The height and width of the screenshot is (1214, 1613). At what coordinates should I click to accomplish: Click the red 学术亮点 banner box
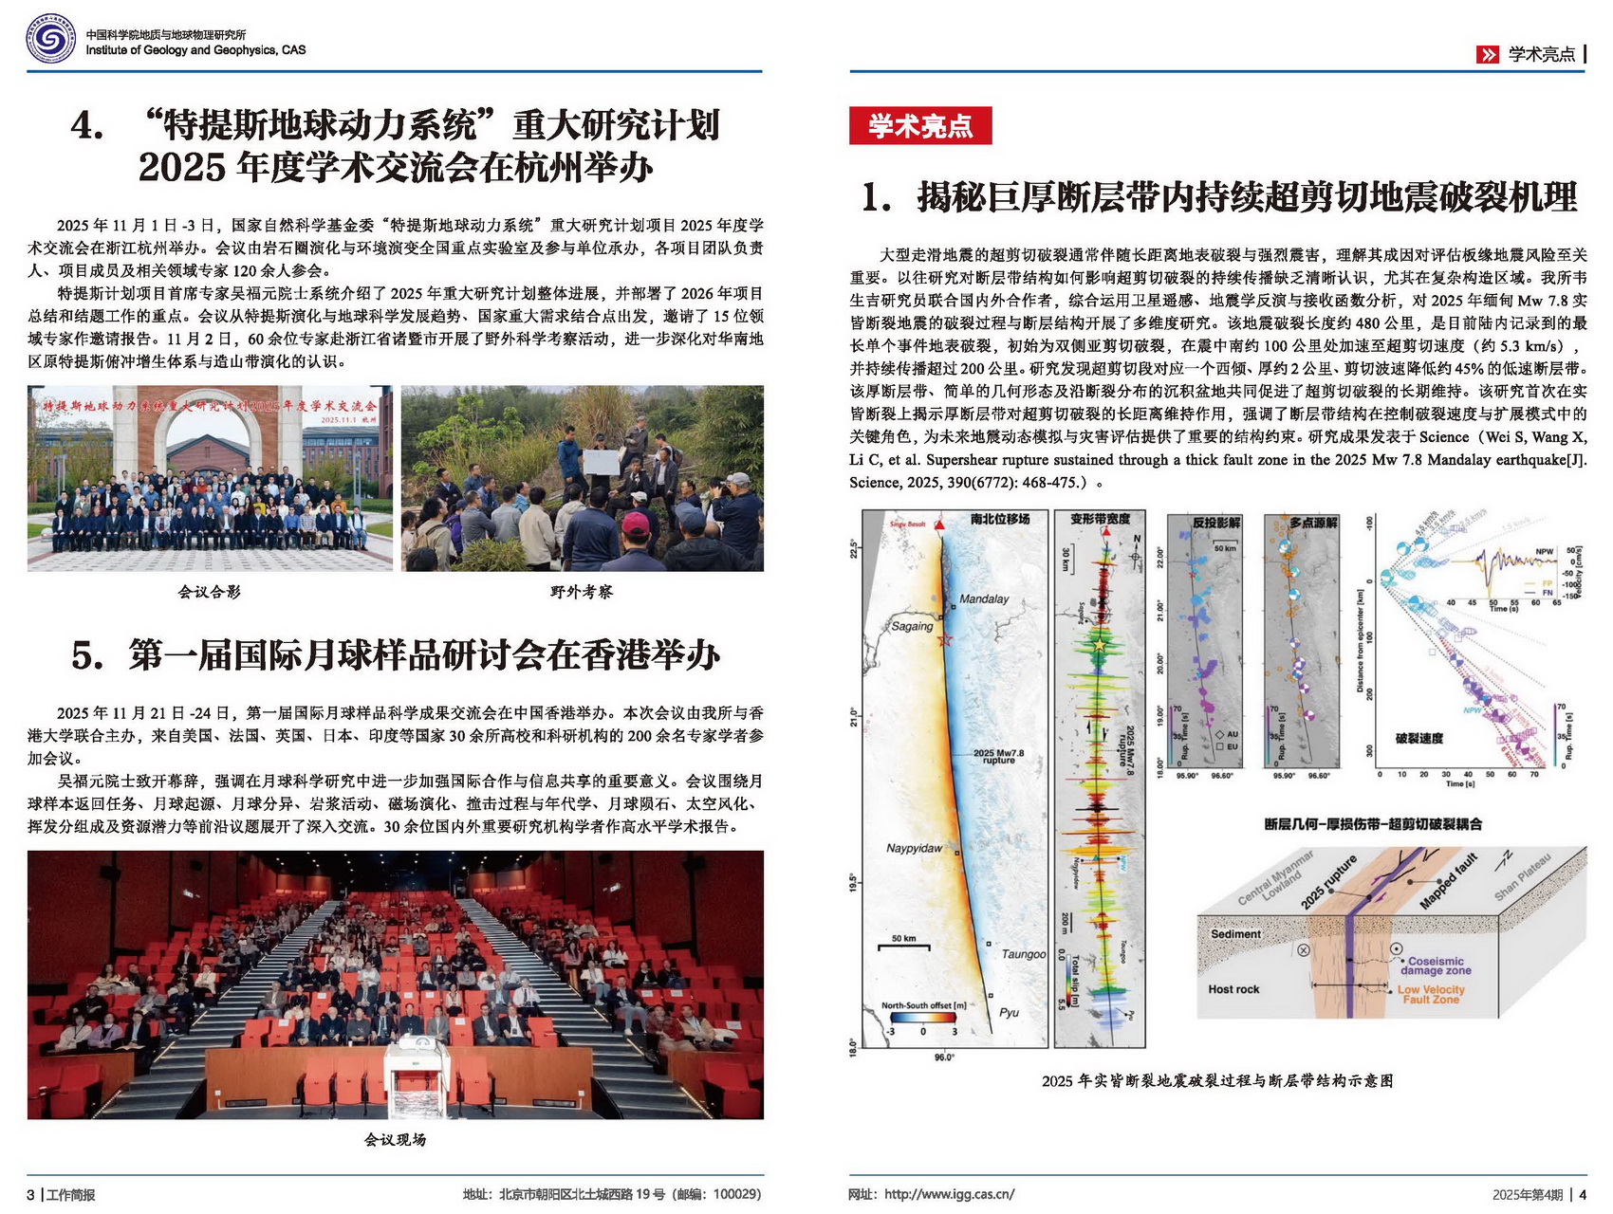pyautogui.click(x=919, y=125)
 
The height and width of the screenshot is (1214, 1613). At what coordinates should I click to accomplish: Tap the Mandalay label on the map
pyautogui.click(x=984, y=598)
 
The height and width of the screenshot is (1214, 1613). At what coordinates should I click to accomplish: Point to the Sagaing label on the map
pyautogui.click(x=912, y=626)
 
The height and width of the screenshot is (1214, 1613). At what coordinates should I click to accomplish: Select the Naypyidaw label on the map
pyautogui.click(x=914, y=848)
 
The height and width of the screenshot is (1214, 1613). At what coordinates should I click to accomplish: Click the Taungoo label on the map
pyautogui.click(x=1023, y=954)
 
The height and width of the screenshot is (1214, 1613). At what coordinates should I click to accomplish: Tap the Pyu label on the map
pyautogui.click(x=1009, y=1012)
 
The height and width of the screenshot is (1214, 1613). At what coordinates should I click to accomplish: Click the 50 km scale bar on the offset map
pyautogui.click(x=903, y=945)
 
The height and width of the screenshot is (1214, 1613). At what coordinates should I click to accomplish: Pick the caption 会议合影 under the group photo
pyautogui.click(x=210, y=592)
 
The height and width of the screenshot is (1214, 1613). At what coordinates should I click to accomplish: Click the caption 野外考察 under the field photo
pyautogui.click(x=582, y=592)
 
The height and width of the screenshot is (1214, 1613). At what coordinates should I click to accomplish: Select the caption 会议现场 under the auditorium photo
pyautogui.click(x=395, y=1139)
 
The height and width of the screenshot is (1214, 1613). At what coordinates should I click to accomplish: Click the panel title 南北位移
pyautogui.click(x=999, y=519)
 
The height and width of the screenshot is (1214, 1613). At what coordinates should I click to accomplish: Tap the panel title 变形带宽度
pyautogui.click(x=1100, y=519)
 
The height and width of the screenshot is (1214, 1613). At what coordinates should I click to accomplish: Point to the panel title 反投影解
pyautogui.click(x=1216, y=522)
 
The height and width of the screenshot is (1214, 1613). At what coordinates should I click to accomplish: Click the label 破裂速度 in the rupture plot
pyautogui.click(x=1418, y=738)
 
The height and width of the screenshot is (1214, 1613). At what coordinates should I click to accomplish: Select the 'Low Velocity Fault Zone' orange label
pyautogui.click(x=1431, y=994)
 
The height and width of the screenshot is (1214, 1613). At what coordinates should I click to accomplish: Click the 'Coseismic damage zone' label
pyautogui.click(x=1436, y=966)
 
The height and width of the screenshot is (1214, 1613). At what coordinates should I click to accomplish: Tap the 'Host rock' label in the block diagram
pyautogui.click(x=1233, y=989)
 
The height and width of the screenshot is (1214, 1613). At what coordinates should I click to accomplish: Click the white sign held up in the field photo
pyautogui.click(x=601, y=462)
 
